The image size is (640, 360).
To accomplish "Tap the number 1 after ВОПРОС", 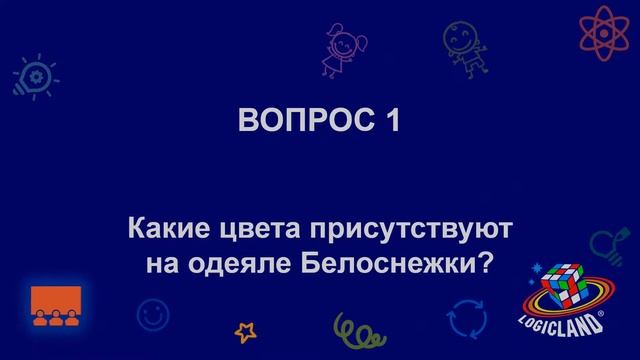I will [x=392, y=122].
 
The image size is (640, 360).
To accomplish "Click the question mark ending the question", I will [x=487, y=263].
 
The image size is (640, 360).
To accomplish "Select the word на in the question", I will [x=160, y=263].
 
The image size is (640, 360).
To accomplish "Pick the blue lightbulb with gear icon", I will [x=33, y=77].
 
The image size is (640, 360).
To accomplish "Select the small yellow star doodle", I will [x=245, y=331].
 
